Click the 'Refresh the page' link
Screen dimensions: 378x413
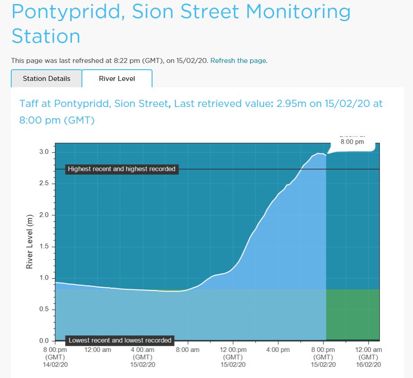238,60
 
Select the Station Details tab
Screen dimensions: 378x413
47,79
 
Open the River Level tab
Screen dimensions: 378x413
117,79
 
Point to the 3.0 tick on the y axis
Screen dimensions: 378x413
45,152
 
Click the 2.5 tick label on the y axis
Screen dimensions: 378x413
45,183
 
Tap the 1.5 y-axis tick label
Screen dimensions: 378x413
45,246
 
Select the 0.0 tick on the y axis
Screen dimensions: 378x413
45,341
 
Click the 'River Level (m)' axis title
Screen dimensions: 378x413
30,242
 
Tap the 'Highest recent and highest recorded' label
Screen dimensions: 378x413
121,169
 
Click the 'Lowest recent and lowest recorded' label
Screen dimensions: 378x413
120,340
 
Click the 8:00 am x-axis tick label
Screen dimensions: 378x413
188,350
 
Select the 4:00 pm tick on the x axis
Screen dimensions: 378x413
278,350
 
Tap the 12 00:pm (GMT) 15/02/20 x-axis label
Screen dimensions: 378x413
233,357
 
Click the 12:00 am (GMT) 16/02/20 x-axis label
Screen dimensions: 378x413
369,357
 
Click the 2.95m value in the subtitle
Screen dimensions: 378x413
291,103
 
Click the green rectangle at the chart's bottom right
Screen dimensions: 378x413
353,315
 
